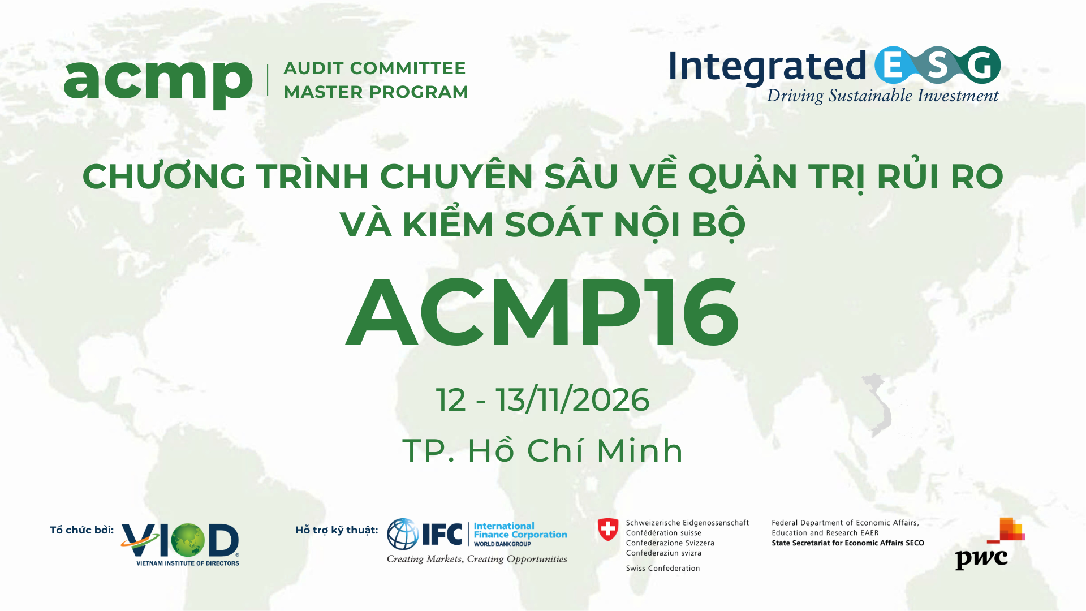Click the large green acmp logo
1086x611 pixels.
(x=158, y=82)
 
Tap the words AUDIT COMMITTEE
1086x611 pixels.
(x=374, y=68)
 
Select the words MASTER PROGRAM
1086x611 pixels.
(x=376, y=92)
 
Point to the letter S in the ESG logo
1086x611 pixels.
(x=937, y=66)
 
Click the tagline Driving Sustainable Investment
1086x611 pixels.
(x=882, y=96)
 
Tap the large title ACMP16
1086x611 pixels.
(x=542, y=312)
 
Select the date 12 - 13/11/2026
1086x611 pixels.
(x=542, y=400)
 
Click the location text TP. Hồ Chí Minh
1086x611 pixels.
(x=542, y=451)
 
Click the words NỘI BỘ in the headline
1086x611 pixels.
(x=679, y=225)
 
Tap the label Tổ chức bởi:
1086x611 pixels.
(x=81, y=530)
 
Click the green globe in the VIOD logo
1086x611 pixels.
(x=188, y=540)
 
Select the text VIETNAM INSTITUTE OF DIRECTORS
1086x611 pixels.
(x=188, y=563)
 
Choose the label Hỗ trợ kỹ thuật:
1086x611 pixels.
(x=337, y=530)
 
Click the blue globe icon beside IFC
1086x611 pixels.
(x=403, y=534)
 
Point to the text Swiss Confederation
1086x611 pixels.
(x=663, y=568)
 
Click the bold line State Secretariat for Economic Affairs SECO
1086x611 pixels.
(x=847, y=543)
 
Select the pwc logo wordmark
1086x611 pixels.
(x=981, y=559)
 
